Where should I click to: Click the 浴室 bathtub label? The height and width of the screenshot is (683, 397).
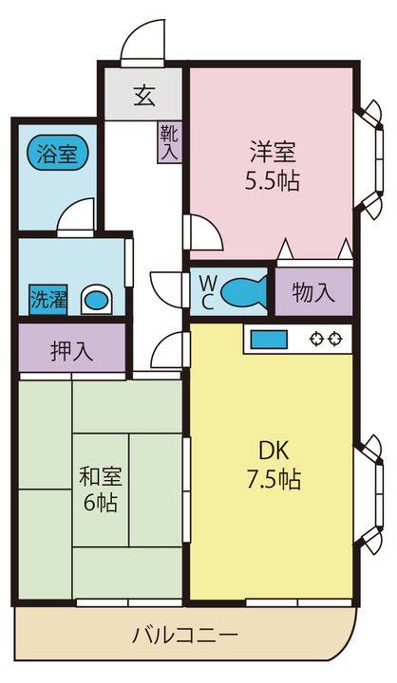58,154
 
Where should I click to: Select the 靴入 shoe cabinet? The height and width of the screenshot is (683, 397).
169,142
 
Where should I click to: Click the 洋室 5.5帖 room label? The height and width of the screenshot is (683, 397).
273,166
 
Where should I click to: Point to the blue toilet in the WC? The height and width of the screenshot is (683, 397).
243,291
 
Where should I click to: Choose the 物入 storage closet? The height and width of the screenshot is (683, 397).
313,291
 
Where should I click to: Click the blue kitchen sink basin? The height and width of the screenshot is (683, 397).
269,340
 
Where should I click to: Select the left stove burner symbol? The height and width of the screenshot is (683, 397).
316,339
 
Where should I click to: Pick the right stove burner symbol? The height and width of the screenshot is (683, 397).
335,339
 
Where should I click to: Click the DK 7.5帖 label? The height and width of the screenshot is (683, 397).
274,466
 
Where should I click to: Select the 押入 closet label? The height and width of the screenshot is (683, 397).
72,351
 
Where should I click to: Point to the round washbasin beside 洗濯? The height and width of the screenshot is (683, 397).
97,300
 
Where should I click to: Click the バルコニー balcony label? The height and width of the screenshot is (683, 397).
185,635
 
